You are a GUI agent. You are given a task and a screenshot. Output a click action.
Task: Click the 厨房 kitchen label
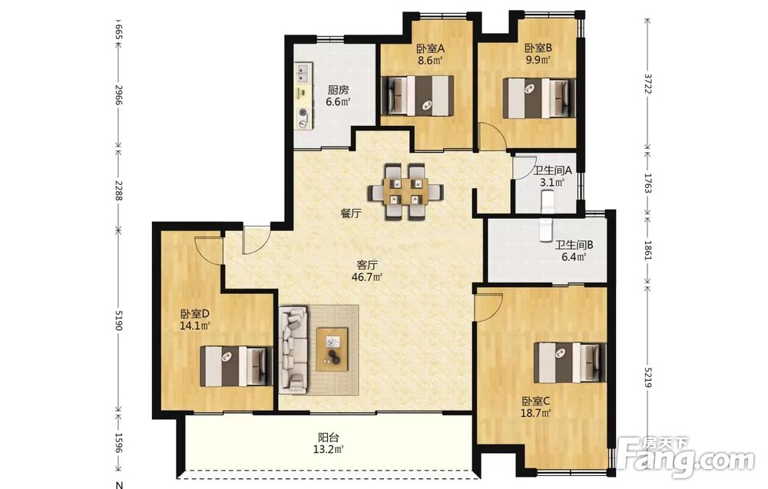[x=339, y=90]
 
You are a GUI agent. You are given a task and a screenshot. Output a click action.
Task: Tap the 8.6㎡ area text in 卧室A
[x=430, y=61]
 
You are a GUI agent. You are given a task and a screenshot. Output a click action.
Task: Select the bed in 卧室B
[x=539, y=97]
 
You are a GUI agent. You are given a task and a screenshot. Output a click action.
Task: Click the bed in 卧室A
[x=417, y=95]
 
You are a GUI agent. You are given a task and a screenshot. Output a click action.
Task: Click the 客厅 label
[x=367, y=266]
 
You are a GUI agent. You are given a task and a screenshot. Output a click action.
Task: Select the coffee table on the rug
[x=332, y=349]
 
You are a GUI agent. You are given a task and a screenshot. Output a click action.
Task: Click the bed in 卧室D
[x=236, y=366]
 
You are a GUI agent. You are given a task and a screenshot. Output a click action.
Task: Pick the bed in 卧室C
[x=570, y=362]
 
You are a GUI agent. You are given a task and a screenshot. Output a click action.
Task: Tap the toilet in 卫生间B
[x=545, y=230]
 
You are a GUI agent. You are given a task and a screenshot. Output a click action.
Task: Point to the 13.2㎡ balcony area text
[x=328, y=449]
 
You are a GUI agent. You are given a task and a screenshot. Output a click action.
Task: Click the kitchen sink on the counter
[x=302, y=72]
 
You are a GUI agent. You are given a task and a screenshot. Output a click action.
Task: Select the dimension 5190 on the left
[x=118, y=320]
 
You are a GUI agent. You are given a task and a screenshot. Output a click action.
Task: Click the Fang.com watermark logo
[x=686, y=458]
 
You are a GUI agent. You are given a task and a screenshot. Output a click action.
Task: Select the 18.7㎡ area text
[x=537, y=413]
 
